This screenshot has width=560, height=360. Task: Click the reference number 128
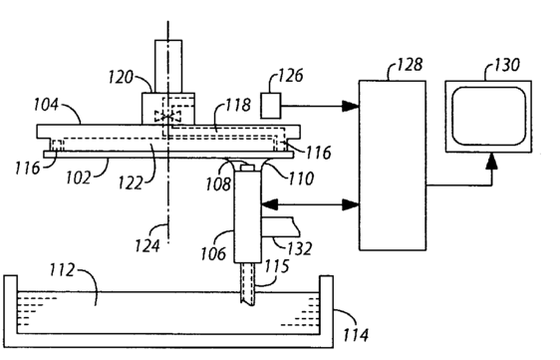pos(411,65)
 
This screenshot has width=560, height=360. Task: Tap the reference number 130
pos(507,65)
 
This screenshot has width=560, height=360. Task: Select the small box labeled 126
pos(271,106)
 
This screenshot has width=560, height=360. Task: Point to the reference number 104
pos(46,105)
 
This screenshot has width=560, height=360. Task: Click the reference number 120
pos(121,77)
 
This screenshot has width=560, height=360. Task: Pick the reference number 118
pos(238,105)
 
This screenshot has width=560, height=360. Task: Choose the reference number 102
pos(78,178)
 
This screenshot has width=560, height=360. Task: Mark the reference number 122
pos(131,183)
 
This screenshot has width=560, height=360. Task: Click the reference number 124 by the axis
pos(147,246)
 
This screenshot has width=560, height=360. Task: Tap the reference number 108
pos(218,184)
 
